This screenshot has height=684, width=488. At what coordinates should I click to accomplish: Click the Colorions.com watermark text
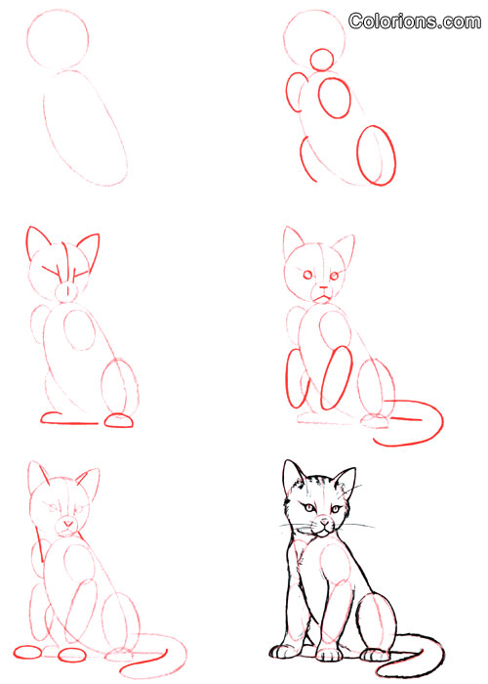point(415,21)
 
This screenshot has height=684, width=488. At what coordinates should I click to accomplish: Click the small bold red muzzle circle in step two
point(322,49)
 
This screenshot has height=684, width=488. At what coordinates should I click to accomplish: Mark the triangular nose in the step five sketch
point(68,523)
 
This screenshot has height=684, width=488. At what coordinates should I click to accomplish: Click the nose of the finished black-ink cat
point(324,521)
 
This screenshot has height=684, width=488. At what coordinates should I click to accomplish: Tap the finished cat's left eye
point(309,508)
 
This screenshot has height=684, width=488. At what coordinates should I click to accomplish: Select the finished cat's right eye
point(336,509)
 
